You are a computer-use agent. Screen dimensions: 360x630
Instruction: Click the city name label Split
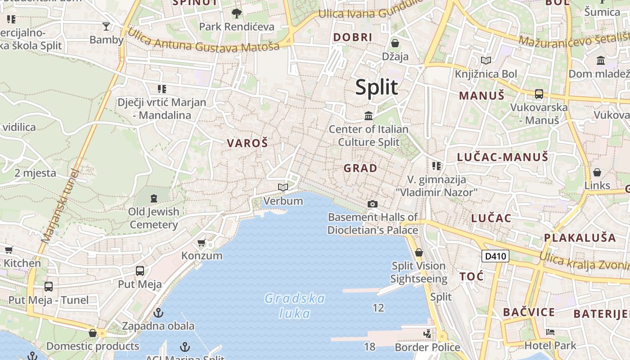click(377, 87)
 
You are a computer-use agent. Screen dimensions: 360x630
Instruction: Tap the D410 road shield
click(495, 256)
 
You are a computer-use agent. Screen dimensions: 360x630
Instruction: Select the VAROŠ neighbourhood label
click(247, 144)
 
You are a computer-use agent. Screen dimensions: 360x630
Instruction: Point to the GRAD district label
click(360, 168)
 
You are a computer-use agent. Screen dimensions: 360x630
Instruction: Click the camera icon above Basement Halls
click(372, 204)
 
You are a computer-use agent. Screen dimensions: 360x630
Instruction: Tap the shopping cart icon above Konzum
click(201, 243)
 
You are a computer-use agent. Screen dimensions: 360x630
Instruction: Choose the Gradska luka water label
click(295, 305)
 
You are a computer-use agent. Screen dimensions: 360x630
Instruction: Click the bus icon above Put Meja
click(140, 271)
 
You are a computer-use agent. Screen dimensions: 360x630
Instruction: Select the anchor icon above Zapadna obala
click(158, 313)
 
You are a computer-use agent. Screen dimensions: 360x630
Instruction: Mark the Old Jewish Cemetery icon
click(154, 198)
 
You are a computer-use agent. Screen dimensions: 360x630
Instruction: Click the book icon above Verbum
click(283, 187)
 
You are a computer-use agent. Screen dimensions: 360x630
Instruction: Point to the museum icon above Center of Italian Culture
click(369, 116)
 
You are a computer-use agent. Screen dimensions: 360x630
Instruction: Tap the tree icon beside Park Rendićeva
click(236, 13)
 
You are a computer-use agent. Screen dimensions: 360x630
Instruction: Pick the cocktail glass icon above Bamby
click(106, 27)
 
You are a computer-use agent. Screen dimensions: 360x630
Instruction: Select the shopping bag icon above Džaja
click(395, 43)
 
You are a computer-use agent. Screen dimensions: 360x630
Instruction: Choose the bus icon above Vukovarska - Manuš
click(539, 94)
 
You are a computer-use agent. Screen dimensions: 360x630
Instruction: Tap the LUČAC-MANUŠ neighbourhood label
click(503, 157)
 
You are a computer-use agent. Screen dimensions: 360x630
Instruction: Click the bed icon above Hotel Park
click(550, 333)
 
